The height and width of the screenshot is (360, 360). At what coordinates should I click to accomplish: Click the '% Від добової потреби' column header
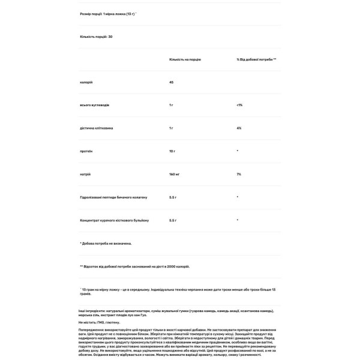point(256,61)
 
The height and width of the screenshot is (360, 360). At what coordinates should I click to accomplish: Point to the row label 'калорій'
point(86,82)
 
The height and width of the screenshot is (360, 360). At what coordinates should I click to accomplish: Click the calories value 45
point(172,82)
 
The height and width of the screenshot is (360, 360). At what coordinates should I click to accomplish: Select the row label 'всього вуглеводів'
point(95,105)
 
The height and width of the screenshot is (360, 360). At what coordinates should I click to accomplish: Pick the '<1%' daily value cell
point(239,105)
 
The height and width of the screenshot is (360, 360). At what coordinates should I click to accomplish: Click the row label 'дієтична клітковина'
point(97,128)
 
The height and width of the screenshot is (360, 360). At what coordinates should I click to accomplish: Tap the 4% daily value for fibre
point(239,128)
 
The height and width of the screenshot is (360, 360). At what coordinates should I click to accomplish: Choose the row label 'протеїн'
point(86,151)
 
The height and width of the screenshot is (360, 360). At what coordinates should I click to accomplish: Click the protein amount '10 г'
point(173,151)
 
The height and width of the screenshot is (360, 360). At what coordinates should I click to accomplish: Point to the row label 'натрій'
point(85,174)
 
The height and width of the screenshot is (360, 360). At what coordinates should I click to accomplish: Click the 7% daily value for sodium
point(239,174)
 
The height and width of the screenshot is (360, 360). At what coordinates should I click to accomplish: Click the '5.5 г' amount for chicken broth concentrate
point(174,220)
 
